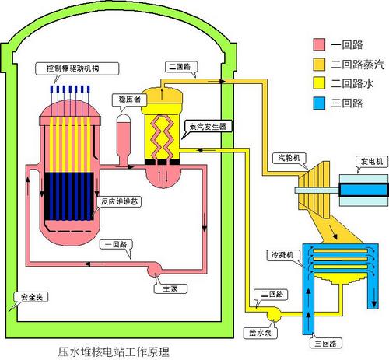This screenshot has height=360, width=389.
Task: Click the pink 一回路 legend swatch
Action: coord(319,44)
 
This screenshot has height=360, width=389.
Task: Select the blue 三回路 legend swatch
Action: coord(319,103)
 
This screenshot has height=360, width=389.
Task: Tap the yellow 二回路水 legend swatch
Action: coord(319,83)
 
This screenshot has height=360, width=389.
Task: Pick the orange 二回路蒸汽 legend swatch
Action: coord(319,65)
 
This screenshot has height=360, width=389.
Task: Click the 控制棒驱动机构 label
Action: coord(73,68)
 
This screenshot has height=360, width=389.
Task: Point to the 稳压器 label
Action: coord(129,100)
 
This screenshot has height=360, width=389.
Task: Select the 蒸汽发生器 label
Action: coord(208,127)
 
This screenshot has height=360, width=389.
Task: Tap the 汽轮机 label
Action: coord(289,158)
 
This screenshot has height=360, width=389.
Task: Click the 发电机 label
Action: coord(372,162)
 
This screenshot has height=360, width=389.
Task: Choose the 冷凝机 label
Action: coord(282,255)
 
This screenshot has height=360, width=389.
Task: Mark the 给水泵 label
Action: coord(260,333)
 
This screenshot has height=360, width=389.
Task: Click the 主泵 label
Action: coord(170,288)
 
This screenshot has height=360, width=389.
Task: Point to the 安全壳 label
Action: coord(32,297)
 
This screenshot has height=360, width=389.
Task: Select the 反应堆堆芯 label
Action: coord(119,201)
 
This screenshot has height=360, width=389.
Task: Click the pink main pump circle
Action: coord(154,270)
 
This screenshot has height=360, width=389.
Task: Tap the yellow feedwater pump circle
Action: coord(274,314)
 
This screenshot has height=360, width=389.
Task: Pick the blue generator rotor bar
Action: coord(363,190)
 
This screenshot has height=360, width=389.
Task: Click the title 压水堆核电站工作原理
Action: coord(114,351)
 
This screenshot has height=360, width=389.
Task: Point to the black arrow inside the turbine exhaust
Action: coord(333,232)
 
